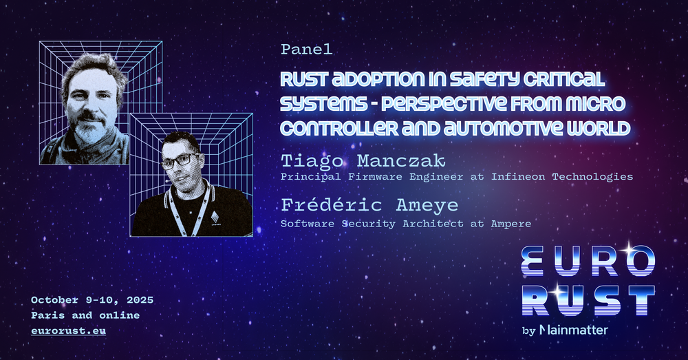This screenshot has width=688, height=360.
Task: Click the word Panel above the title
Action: pyautogui.click(x=306, y=50)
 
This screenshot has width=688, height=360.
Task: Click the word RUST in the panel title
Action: pyautogui.click(x=302, y=79)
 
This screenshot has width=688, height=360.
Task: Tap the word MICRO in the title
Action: pyautogui.click(x=601, y=104)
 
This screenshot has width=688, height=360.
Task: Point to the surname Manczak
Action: pyautogui.click(x=401, y=161)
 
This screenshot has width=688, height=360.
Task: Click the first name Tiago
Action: pyautogui.click(x=312, y=162)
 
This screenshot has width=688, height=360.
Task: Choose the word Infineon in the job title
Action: pyautogui.click(x=518, y=176)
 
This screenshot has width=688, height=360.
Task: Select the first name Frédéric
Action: pyautogui.click(x=332, y=205)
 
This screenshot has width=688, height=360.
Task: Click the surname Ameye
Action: pyautogui.click(x=427, y=206)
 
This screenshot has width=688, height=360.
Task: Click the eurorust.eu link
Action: pyautogui.click(x=68, y=330)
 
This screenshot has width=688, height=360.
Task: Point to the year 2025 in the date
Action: pyautogui.click(x=140, y=300)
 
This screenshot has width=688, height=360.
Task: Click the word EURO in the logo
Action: pyautogui.click(x=588, y=261)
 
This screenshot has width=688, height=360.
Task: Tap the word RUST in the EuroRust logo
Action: pyautogui.click(x=588, y=301)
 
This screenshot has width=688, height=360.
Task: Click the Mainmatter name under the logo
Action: pyautogui.click(x=573, y=330)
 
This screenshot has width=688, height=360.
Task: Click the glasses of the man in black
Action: pyautogui.click(x=180, y=161)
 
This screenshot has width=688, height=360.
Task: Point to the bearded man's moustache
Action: pyautogui.click(x=90, y=117)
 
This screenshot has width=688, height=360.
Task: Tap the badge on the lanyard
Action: pyautogui.click(x=215, y=217)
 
